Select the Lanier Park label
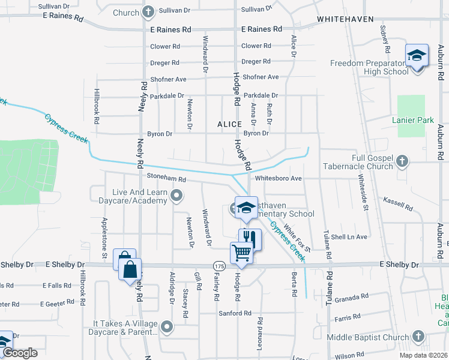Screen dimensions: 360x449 click(412, 121)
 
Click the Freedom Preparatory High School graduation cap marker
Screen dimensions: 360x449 click(416, 56)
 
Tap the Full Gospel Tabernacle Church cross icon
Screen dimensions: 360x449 click(402, 161)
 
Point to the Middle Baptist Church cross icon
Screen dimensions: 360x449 click(420, 337)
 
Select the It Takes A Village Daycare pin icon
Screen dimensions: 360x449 click(167, 327)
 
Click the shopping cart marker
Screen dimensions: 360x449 click(241, 253)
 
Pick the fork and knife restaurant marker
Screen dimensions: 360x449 click(250, 239)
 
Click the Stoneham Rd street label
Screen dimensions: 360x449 click(166, 179)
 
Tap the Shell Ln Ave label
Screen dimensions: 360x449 click(353, 237)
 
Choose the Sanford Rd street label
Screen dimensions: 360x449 click(235, 313)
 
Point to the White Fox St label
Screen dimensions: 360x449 click(297, 238)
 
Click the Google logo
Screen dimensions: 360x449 click(20, 353)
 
